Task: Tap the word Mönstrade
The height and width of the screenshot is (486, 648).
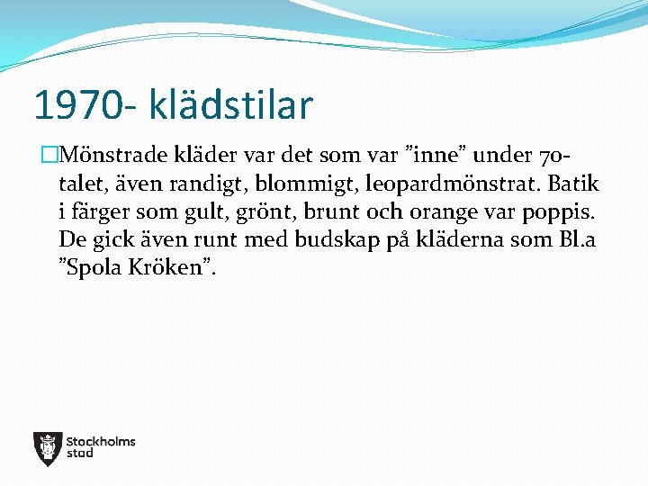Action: click(111, 155)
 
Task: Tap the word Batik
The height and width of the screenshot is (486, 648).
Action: click(573, 184)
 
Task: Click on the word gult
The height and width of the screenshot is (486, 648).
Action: click(200, 212)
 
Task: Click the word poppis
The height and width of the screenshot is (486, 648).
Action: click(560, 212)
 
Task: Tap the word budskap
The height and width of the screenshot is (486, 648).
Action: click(336, 240)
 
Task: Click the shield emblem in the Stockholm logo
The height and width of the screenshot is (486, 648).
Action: click(47, 448)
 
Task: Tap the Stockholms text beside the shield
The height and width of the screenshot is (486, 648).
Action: click(101, 441)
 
